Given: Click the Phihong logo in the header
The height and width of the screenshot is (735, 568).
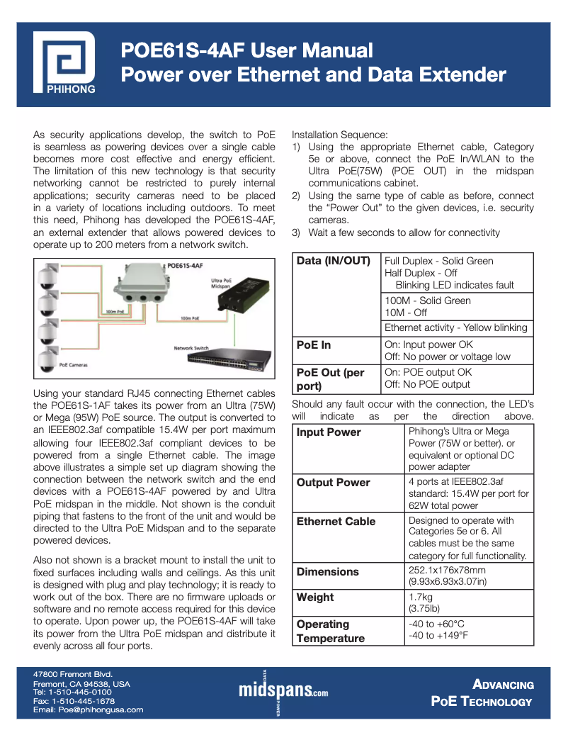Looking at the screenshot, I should click(x=66, y=64).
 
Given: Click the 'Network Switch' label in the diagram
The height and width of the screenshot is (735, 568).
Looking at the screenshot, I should click(x=191, y=348).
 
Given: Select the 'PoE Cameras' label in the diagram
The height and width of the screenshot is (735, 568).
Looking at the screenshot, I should click(x=74, y=365).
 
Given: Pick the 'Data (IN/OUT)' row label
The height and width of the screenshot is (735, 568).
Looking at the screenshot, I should click(x=333, y=261).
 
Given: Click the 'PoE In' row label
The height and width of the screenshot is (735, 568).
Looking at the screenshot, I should click(x=314, y=345).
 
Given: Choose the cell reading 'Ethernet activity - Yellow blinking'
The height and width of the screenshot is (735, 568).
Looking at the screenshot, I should click(x=455, y=327).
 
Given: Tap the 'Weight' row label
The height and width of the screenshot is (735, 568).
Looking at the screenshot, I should click(x=315, y=597).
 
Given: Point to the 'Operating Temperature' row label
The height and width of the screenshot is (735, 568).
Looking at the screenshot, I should click(x=331, y=631).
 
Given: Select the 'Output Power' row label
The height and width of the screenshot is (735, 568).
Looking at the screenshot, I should click(x=333, y=482).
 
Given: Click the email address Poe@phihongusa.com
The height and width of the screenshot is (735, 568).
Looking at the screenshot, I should click(x=89, y=709).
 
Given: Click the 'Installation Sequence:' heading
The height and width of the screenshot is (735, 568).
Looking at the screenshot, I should click(x=340, y=135).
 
